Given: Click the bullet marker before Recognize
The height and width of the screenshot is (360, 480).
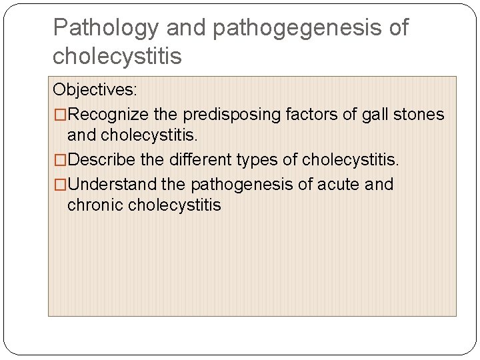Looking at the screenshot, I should (x=60, y=115).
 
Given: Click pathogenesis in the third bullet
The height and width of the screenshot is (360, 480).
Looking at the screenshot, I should (x=239, y=184).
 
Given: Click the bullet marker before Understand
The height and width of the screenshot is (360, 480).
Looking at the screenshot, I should (x=60, y=184).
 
